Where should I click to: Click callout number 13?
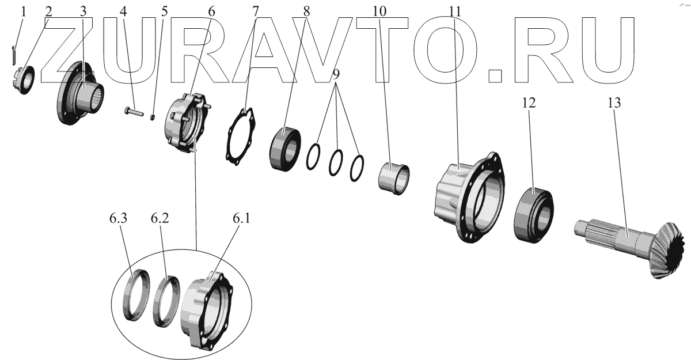coord(613,104)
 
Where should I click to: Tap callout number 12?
coord(529,104)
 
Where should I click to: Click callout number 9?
coord(335,74)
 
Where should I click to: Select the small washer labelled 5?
coord(153,118)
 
